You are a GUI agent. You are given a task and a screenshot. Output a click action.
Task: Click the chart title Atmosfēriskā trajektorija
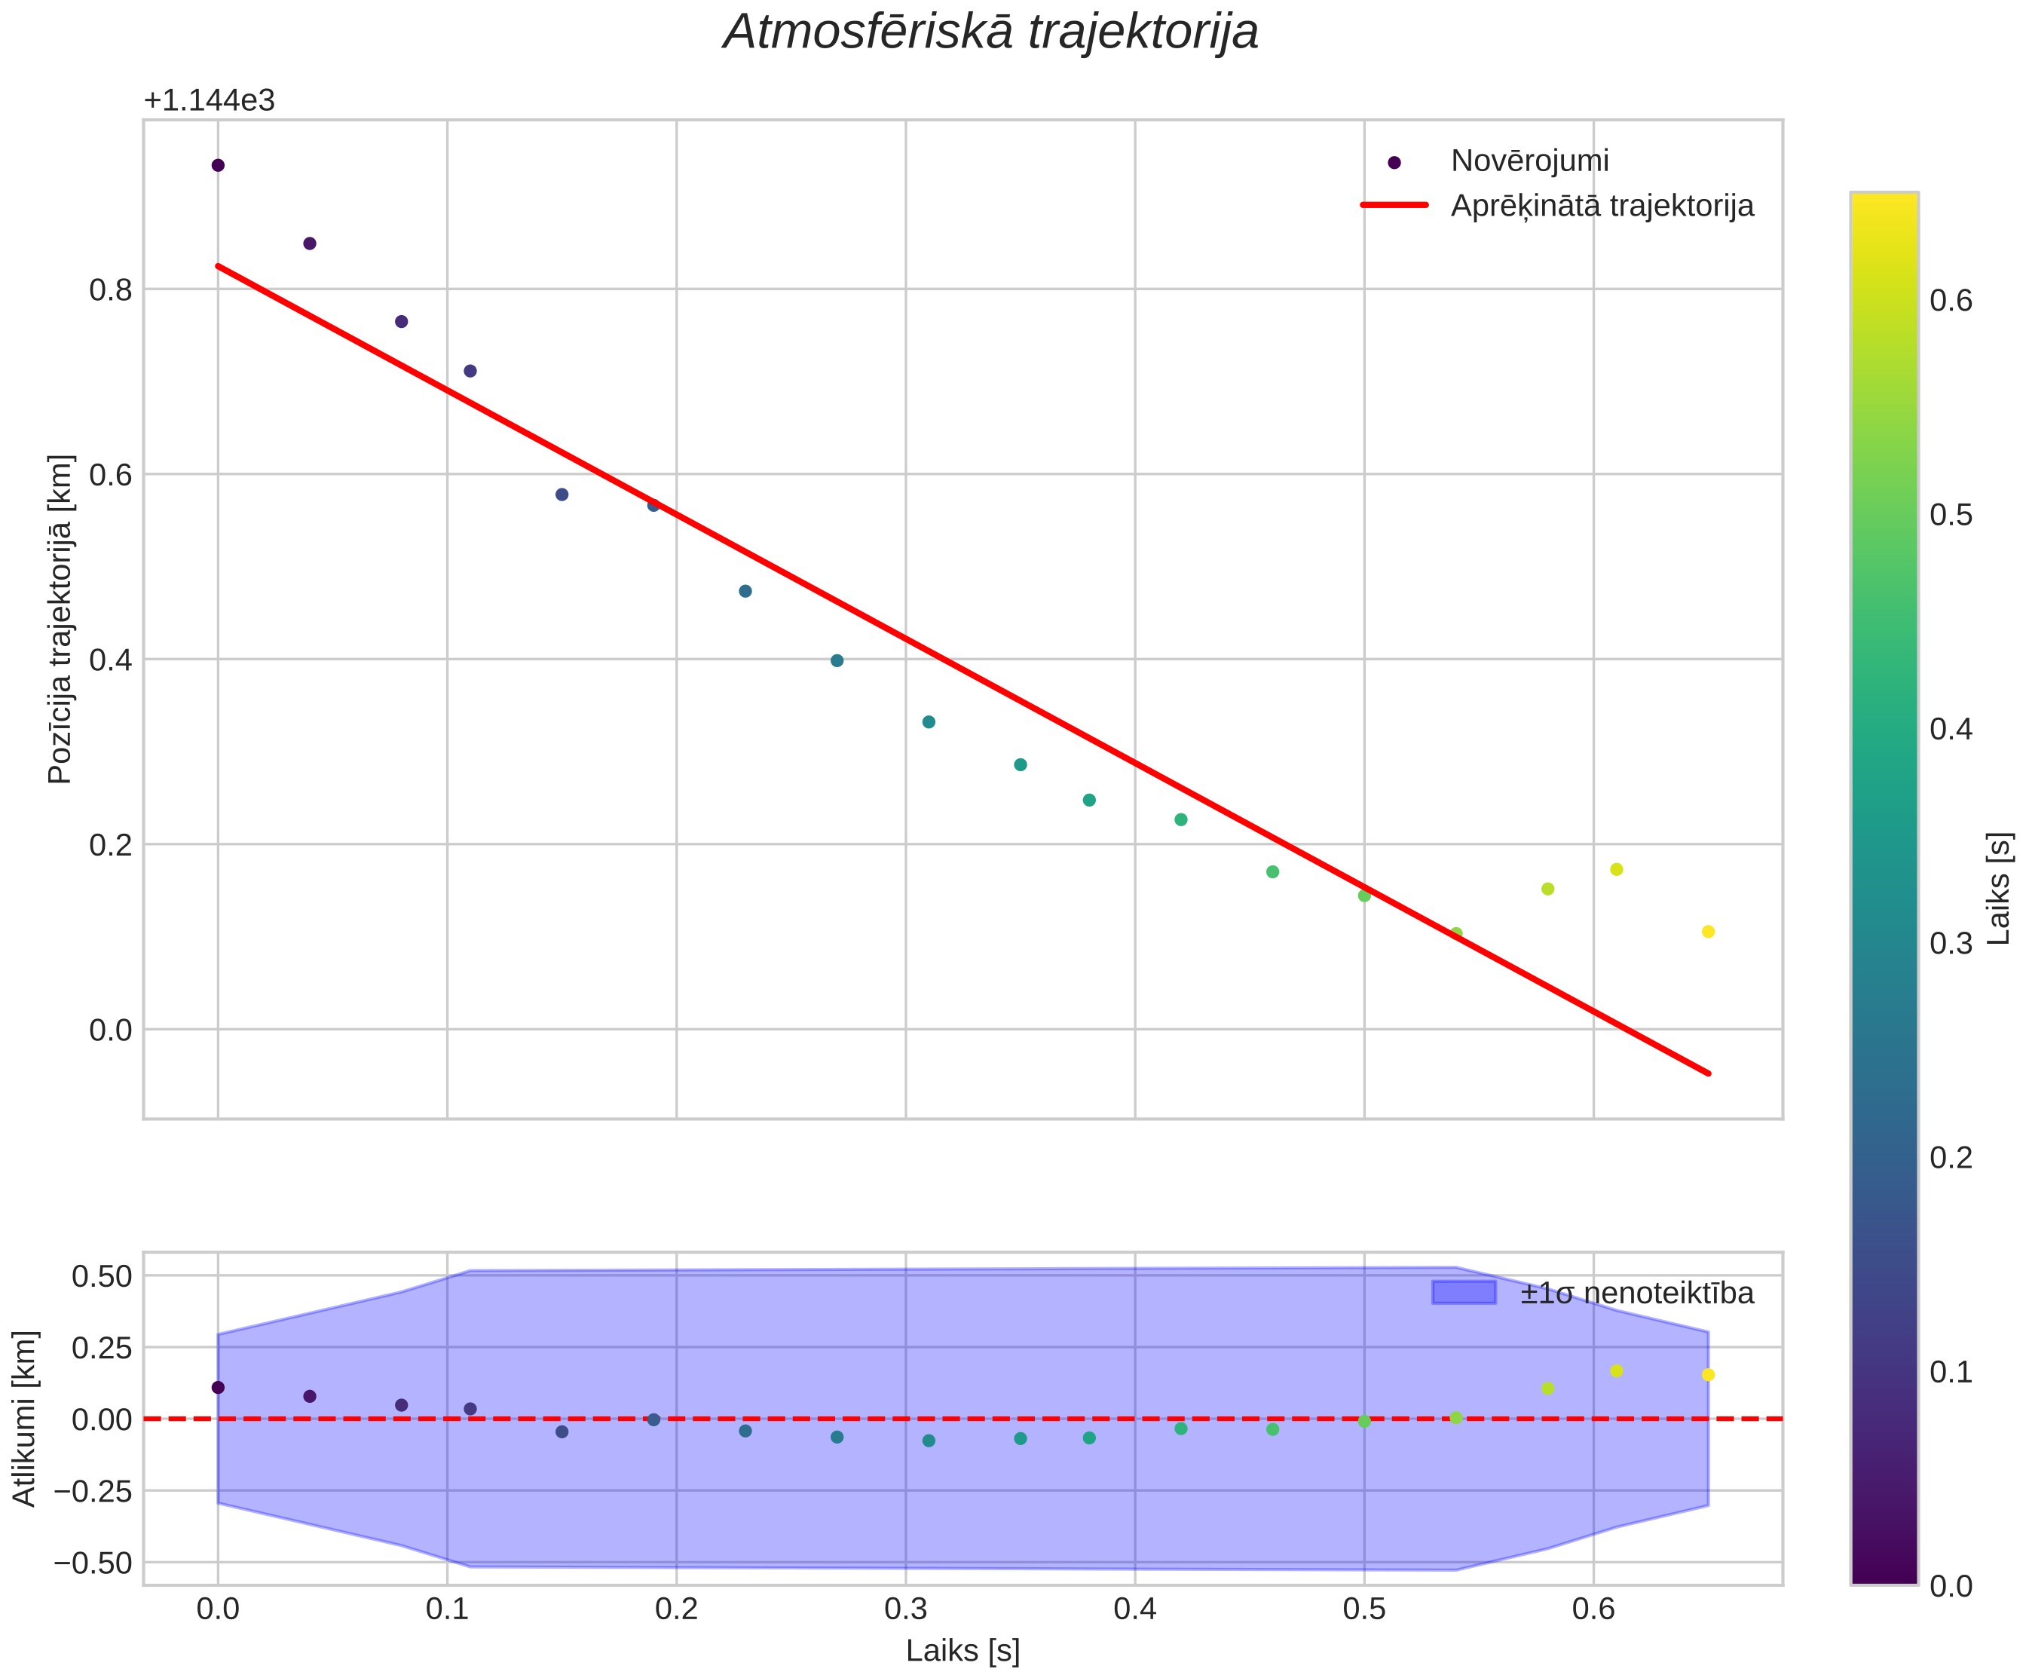[991, 32]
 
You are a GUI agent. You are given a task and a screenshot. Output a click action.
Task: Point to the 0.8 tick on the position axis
[110, 289]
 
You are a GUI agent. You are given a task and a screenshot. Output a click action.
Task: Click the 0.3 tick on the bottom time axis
[906, 1609]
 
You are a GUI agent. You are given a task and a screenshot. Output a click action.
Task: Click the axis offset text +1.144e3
[210, 100]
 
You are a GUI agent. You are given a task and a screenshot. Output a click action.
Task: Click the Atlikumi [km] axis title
[24, 1417]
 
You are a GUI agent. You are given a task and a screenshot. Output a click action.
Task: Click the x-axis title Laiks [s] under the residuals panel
[963, 1651]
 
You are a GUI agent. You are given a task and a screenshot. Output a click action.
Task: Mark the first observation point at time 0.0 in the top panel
[218, 165]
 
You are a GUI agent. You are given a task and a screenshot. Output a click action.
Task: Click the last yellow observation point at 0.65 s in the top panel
[1708, 931]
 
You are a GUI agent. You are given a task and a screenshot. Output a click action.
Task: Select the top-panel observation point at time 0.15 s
[562, 494]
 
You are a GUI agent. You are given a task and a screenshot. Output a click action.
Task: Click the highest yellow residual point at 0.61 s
[1616, 1370]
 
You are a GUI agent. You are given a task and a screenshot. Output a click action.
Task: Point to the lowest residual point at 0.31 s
[928, 1441]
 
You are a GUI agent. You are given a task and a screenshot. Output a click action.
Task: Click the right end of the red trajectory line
[1709, 1073]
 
